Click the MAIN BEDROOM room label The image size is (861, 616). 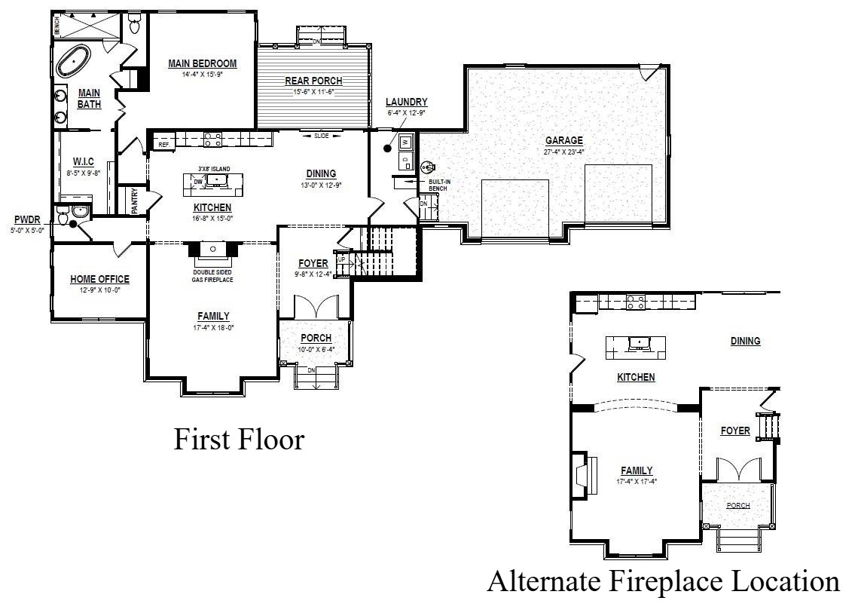(203, 64)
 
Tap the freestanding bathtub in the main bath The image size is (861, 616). (75, 60)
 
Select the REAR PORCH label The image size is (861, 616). (313, 81)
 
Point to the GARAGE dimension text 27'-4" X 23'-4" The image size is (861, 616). (564, 152)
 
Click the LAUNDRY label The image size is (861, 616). (406, 103)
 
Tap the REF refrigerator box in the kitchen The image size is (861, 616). (163, 143)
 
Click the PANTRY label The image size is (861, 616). (135, 201)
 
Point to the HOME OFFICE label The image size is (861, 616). (99, 280)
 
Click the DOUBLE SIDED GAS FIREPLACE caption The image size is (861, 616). (212, 276)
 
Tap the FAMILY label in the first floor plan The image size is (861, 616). (213, 317)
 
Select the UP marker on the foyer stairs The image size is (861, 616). (341, 259)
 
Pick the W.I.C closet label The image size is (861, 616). (83, 162)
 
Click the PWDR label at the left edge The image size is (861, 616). (26, 220)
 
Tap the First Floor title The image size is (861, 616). (239, 439)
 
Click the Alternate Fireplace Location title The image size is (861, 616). (662, 581)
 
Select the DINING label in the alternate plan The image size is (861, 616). (745, 342)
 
